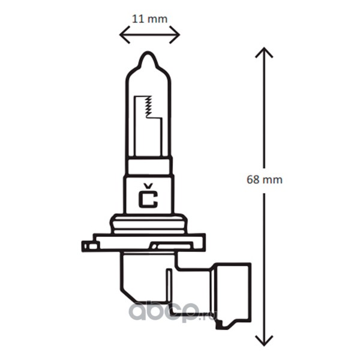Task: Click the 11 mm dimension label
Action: point(149,19)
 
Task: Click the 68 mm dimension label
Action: point(265,179)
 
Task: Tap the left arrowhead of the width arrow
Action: point(125,35)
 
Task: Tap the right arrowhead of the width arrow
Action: point(175,35)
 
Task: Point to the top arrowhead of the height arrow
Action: point(264,52)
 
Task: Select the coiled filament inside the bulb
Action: point(149,107)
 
